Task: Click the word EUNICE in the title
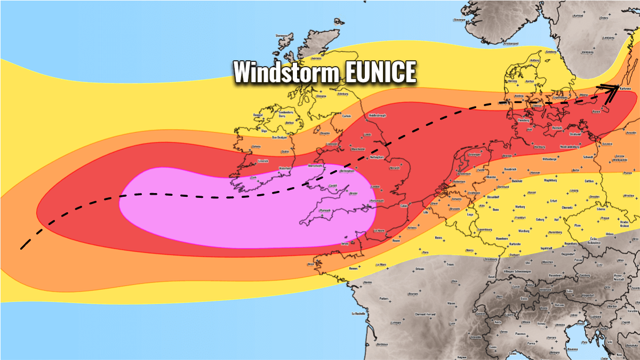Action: coord(380,72)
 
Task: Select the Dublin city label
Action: coord(285,152)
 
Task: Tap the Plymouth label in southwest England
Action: coord(324,211)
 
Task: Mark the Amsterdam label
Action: coord(463,173)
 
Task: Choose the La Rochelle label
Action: coord(358,314)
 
